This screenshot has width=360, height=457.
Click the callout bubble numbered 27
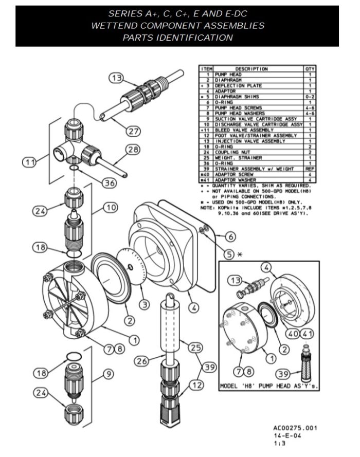click(134, 131)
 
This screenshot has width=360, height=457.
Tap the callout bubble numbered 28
click(134, 150)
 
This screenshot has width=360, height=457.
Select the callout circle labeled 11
click(30, 162)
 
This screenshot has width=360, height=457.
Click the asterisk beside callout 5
click(240, 254)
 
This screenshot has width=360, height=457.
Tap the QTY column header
click(310, 69)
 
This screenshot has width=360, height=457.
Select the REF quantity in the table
click(310, 169)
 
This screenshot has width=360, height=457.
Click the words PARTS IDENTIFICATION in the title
click(177, 38)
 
